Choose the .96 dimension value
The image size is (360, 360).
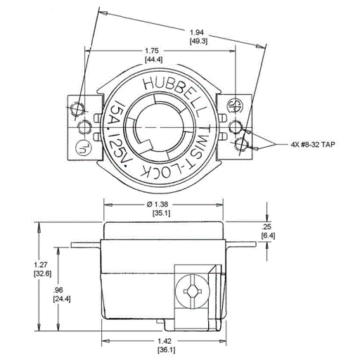tap(61, 289)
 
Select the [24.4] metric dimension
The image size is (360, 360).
tap(61, 298)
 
